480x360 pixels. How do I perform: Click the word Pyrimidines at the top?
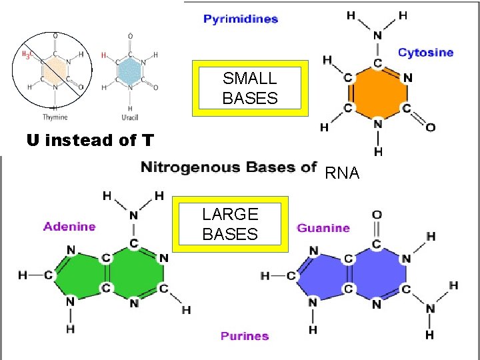241,19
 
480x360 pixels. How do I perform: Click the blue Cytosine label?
425,52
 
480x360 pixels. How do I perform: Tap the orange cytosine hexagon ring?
377,93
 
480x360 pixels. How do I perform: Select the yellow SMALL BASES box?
250,88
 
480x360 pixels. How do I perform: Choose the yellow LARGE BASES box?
230,224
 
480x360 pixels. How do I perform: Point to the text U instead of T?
90,141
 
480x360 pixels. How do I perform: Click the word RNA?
342,174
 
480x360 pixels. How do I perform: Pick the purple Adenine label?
69,227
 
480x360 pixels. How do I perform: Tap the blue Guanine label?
323,228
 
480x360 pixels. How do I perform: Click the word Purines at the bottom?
245,335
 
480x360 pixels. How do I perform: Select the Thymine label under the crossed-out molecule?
55,117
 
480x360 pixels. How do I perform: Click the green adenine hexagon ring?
135,274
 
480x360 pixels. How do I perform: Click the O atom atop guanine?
377,215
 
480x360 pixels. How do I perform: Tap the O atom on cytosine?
430,127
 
